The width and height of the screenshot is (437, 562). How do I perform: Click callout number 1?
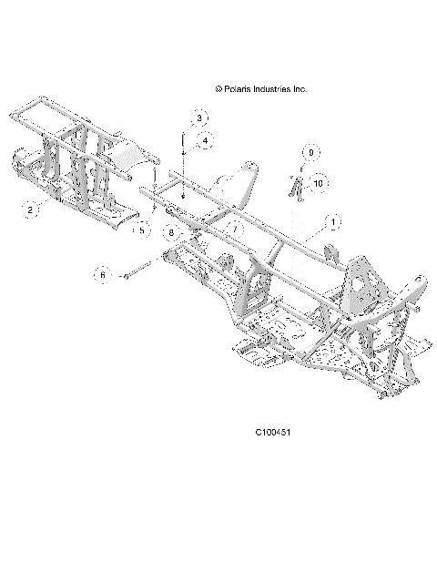click(x=333, y=221)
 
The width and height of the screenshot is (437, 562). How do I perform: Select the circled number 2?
click(x=30, y=210)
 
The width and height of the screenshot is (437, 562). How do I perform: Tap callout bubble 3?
click(x=200, y=118)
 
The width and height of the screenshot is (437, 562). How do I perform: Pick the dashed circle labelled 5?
click(x=141, y=231)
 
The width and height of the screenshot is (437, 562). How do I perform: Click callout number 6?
click(x=103, y=273)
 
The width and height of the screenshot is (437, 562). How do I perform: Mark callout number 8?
click(x=169, y=233)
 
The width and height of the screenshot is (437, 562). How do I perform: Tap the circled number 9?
click(x=310, y=152)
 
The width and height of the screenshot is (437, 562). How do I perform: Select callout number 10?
click(x=317, y=184)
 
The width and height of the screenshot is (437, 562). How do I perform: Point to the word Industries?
click(x=279, y=89)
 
